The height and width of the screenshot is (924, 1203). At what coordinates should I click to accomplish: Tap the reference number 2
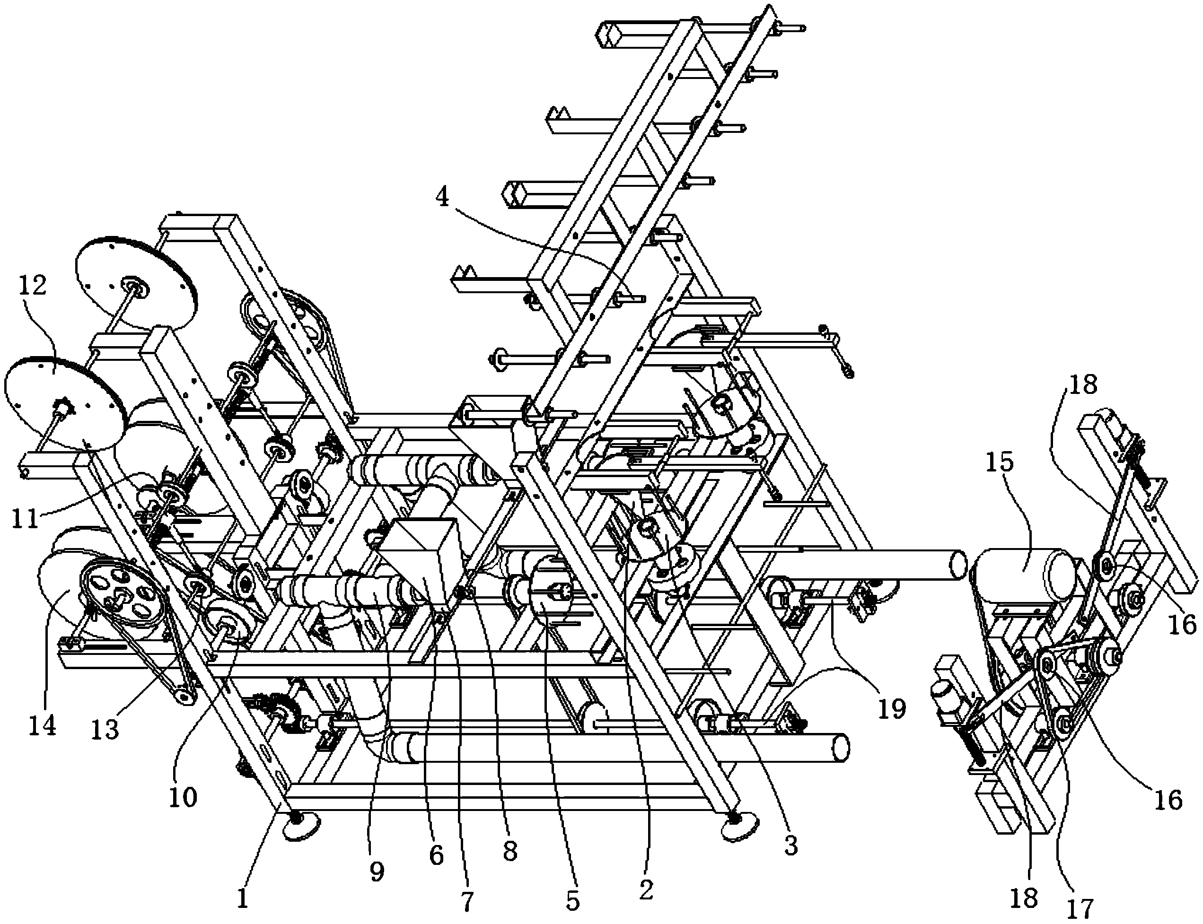(x=646, y=890)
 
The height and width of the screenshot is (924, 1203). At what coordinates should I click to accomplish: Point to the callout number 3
(x=790, y=846)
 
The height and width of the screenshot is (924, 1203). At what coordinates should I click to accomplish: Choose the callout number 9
(x=377, y=871)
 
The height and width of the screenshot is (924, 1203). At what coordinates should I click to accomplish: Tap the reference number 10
(x=183, y=796)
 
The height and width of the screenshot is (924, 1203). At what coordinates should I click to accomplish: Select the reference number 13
(x=105, y=729)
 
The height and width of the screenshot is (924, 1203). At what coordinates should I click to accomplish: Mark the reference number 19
(x=892, y=709)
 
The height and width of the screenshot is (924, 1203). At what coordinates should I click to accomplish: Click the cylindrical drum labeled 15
(x=1022, y=571)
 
